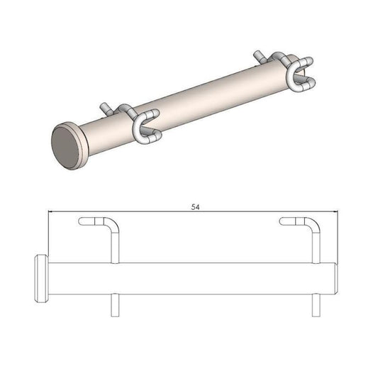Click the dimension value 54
pos(194,207)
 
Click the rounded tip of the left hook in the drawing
pos(82,221)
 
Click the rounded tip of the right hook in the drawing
pos(283,221)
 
